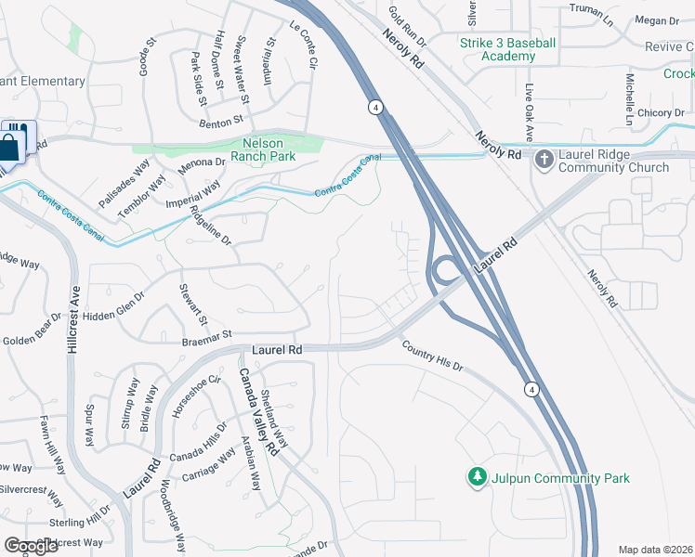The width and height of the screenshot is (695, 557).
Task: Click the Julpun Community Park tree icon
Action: pos(478,477)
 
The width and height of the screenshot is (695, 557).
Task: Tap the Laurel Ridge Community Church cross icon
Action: pos(544,160)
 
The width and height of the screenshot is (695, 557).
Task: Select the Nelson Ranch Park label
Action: pos(269,150)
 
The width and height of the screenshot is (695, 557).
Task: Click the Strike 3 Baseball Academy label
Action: pos(507,49)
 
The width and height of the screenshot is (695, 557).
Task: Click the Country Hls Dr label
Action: pos(432,356)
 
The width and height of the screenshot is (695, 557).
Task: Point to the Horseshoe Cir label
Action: pos(194,394)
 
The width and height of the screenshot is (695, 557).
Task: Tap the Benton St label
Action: pos(220,120)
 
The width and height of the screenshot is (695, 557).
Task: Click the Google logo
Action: pos(32,546)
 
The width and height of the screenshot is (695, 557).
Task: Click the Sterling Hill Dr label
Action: pos(80,521)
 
